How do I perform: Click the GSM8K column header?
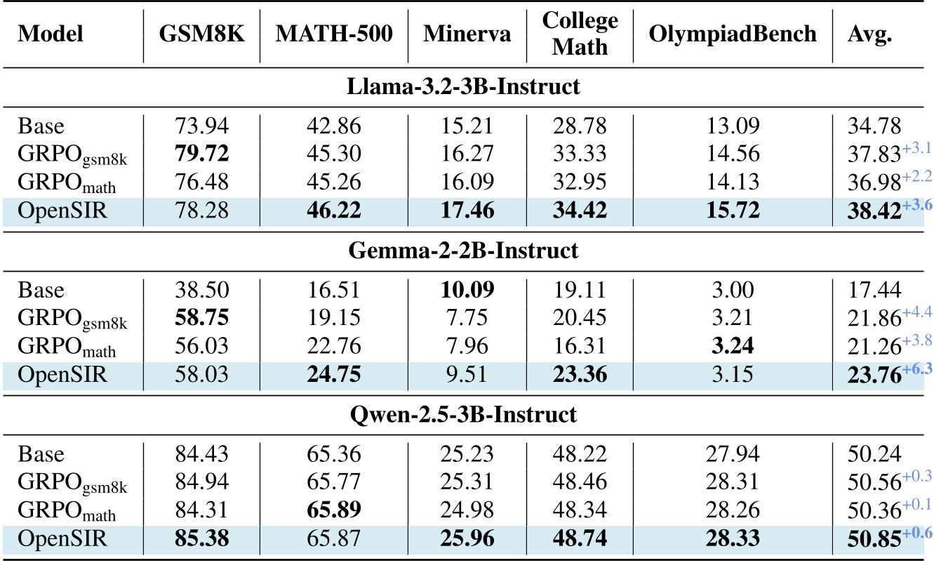tap(201, 34)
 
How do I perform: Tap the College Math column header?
tap(580, 34)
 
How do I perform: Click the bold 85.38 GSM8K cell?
tap(201, 539)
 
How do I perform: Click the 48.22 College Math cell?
tap(580, 453)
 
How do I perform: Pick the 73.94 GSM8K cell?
tap(201, 126)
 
